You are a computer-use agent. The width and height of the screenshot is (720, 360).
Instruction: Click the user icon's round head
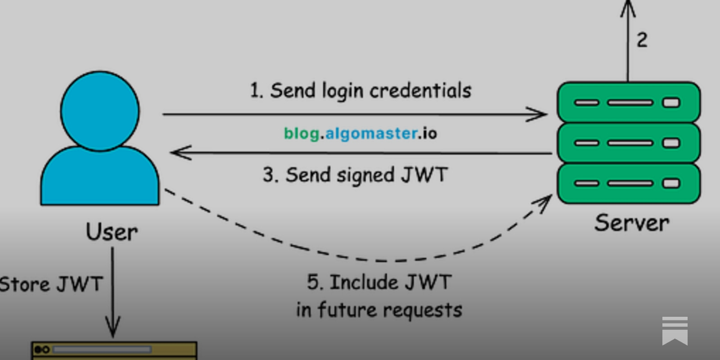(100, 110)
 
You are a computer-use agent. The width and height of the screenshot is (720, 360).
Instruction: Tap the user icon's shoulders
(100, 178)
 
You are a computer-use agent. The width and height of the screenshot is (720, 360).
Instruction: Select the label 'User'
(112, 232)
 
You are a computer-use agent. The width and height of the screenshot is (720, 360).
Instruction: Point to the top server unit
(628, 102)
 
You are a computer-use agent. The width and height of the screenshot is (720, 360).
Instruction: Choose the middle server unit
(628, 143)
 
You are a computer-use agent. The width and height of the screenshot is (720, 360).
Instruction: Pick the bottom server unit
(628, 183)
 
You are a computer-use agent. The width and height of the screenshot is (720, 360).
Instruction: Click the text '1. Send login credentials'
(360, 91)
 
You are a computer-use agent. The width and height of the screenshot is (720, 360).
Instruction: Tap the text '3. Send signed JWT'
(355, 175)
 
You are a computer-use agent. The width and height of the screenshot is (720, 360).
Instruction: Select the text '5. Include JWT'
(379, 283)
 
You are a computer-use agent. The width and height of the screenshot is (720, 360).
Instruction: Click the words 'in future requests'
(379, 310)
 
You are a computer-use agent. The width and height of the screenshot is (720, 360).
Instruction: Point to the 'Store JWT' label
(51, 284)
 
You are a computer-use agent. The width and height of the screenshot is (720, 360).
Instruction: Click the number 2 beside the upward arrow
(642, 40)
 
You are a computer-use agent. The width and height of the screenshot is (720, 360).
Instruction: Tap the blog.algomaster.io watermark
(360, 133)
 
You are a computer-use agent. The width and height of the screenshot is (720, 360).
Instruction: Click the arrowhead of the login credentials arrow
(540, 114)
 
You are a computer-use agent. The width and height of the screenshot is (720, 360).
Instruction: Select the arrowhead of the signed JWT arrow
(178, 153)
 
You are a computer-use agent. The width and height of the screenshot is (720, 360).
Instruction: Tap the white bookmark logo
(675, 331)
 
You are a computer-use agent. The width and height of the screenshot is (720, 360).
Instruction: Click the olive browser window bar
(114, 350)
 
